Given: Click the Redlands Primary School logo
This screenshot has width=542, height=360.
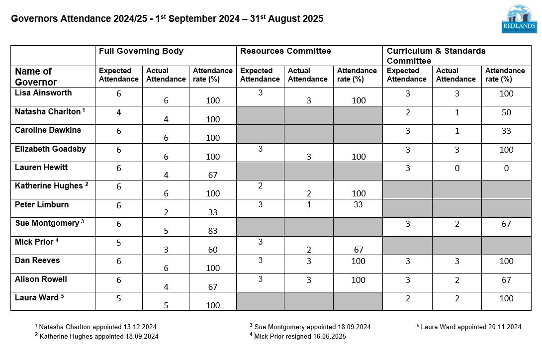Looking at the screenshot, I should (519, 20).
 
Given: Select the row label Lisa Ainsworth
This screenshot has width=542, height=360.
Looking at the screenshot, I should (43, 93).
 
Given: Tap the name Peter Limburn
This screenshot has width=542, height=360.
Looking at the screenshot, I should (42, 205).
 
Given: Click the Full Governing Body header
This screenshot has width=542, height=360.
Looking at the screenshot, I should (141, 51).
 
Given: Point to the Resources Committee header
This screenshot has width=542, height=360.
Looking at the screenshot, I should (285, 51).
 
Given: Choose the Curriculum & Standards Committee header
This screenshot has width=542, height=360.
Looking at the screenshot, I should (436, 56).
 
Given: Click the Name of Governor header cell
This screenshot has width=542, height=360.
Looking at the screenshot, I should (36, 77).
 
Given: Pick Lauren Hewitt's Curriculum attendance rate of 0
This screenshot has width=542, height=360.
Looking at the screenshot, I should (506, 168).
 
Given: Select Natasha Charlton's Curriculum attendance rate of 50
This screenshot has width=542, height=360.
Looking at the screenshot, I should (506, 112).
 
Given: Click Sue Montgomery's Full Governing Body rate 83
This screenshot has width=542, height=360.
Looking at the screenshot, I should (212, 231).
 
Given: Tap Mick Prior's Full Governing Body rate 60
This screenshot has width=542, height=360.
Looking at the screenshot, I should (212, 250).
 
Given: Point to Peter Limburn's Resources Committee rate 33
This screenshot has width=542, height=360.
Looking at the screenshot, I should (358, 205).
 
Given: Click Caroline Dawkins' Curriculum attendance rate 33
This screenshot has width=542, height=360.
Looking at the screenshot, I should (506, 131).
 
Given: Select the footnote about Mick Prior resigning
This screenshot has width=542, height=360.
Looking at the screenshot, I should (300, 337).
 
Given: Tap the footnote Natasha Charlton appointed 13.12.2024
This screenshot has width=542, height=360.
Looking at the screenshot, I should (97, 327).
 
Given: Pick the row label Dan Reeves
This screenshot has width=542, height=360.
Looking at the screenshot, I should (37, 261).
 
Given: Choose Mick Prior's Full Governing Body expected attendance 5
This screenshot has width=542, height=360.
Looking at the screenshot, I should (119, 243).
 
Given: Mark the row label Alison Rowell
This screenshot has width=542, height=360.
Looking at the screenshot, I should (41, 279).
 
